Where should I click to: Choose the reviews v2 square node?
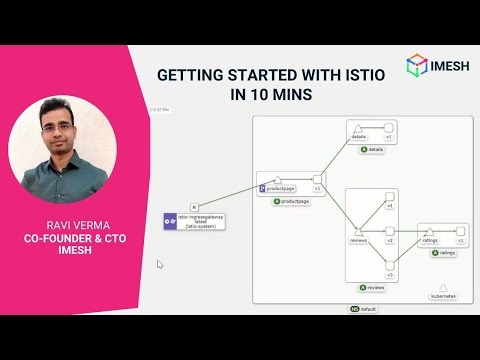390,231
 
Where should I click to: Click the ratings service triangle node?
428,232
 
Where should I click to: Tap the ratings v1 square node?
460,232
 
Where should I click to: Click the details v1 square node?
390,128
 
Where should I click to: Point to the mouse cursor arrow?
160,265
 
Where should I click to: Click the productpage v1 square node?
318,178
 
